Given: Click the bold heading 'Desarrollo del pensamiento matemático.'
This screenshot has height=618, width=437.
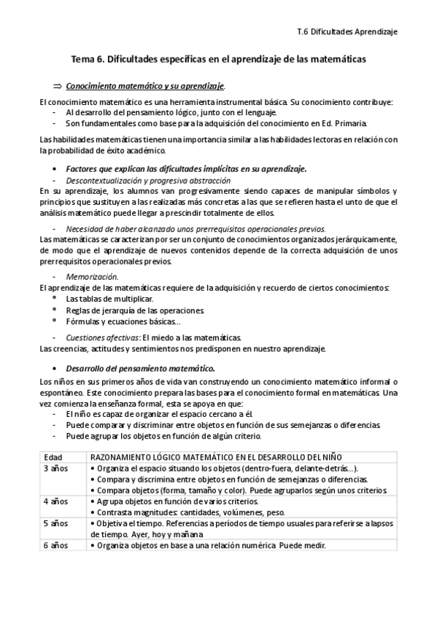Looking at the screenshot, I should (139, 368).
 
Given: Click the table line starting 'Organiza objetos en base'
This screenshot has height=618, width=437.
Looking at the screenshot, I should (210, 546).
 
